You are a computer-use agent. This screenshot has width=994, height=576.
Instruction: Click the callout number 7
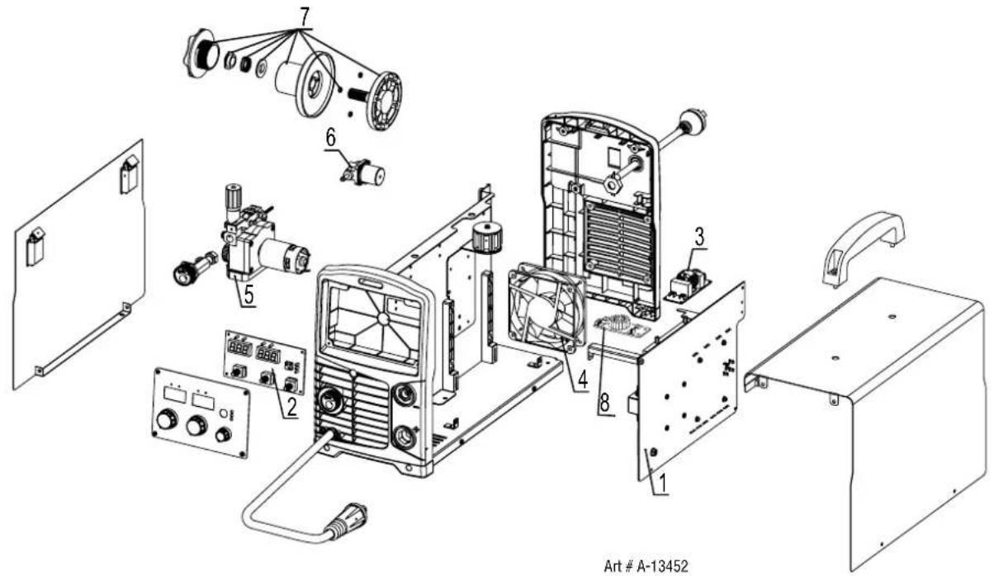tap(304, 17)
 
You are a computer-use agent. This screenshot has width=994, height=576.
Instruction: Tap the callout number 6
tap(330, 138)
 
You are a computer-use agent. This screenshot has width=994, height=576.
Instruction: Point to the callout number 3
tap(699, 237)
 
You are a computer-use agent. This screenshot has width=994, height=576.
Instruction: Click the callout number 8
tap(604, 403)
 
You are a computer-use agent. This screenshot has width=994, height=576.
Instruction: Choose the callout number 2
tap(291, 406)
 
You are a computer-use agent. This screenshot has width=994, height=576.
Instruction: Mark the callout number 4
tap(582, 380)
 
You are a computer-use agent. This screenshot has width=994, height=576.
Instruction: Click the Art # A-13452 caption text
tap(646, 566)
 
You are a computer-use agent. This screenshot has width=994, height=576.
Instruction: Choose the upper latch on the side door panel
tap(130, 174)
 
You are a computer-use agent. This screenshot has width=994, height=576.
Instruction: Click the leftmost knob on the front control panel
tap(167, 419)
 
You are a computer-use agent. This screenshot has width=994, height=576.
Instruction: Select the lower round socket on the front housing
tap(405, 437)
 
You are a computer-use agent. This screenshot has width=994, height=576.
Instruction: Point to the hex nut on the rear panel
tap(613, 182)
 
